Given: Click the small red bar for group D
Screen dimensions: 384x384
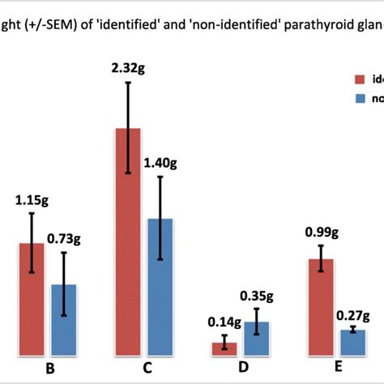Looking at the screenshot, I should coord(224,349).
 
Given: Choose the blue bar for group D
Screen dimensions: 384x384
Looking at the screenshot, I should coord(257,339).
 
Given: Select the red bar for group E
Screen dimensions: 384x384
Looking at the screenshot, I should coord(321,307).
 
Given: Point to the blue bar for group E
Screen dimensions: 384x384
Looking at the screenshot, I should coord(353,343).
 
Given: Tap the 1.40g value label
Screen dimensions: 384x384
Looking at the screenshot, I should coord(160,163).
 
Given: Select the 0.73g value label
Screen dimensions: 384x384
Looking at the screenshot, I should coord(64,238).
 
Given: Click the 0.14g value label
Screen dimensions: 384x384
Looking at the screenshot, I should coord(224,322).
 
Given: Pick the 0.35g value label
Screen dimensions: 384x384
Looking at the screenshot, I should coord(257,295).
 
